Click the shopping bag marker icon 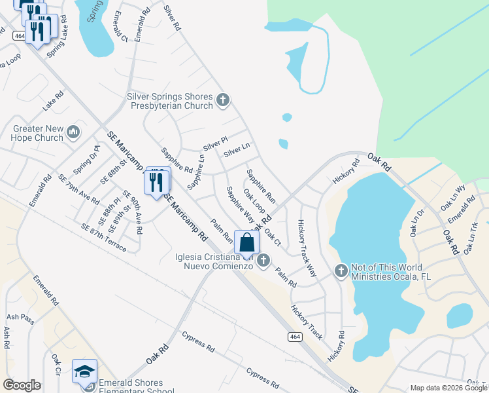pos(246,242)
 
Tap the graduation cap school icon pos(85,371)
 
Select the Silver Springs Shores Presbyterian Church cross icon pos(222,100)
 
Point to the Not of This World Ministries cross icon pos(341,271)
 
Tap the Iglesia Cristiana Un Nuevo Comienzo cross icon pos(263,261)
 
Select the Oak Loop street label pos(254,201)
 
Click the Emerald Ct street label pos(120,26)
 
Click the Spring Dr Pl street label pos(86,160)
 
